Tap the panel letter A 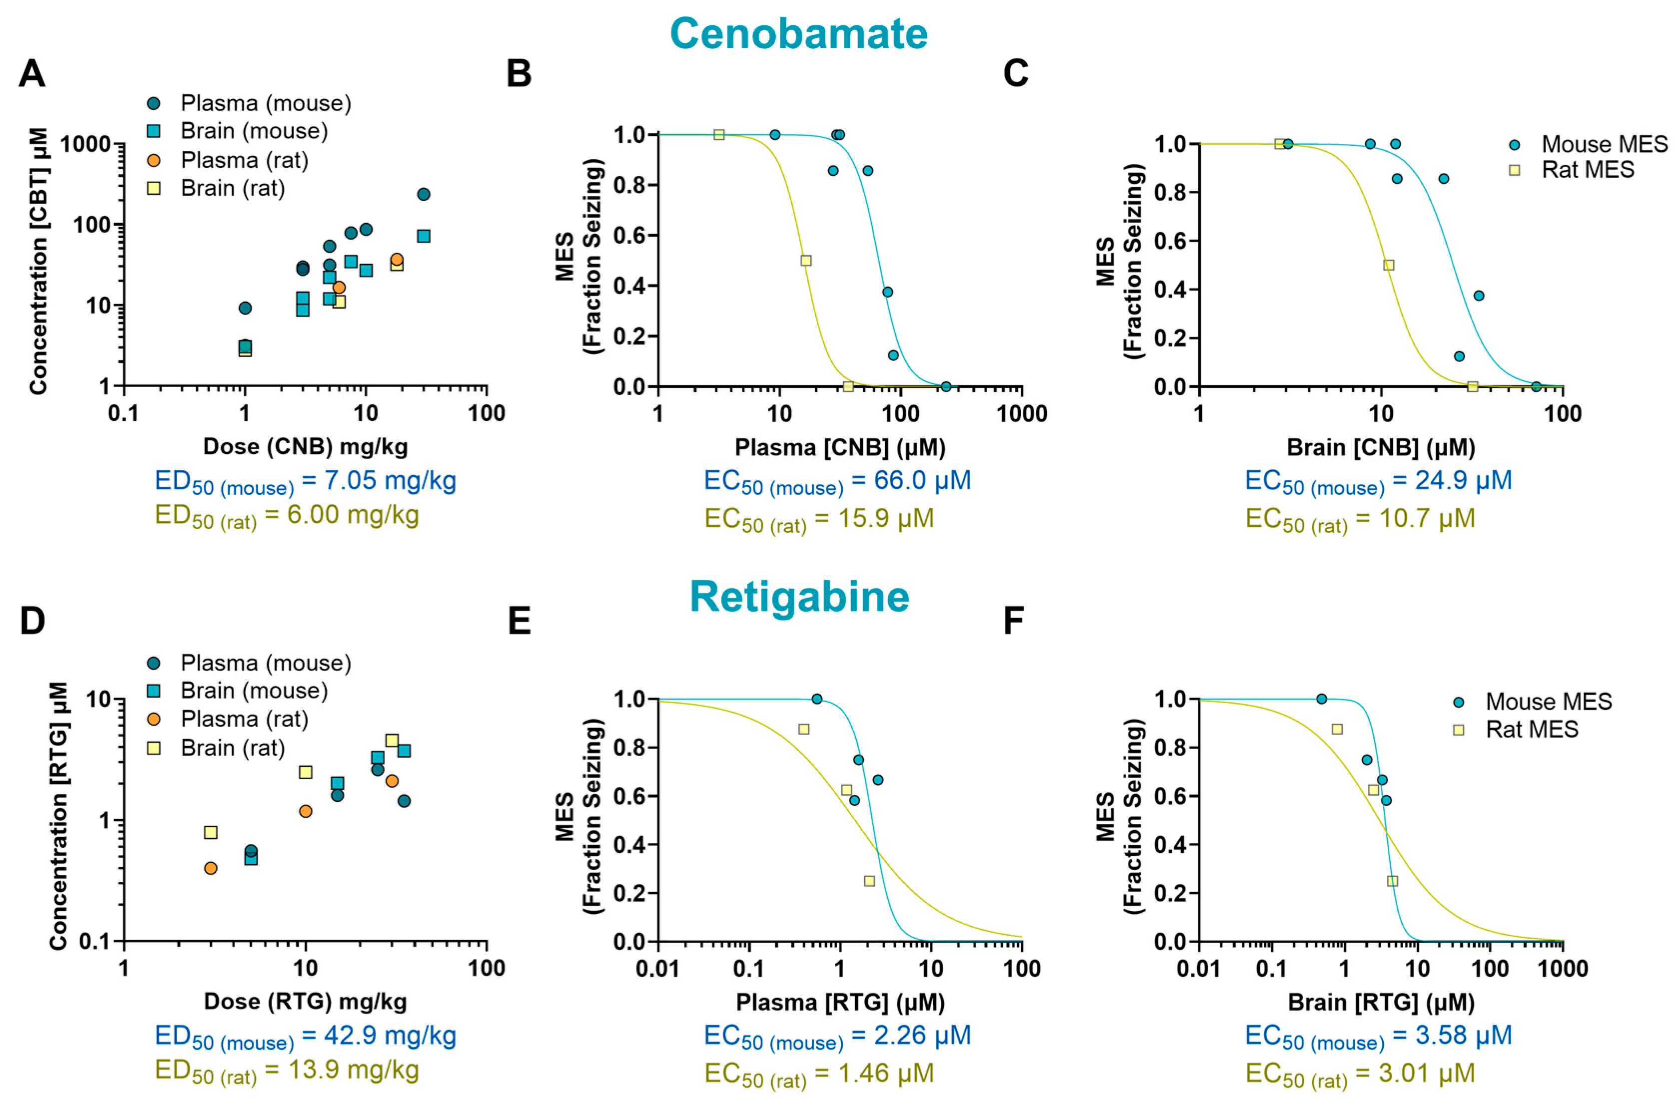[32, 73]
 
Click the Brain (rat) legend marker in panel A [153, 188]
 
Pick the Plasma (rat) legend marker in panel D [153, 719]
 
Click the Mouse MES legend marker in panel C [1514, 145]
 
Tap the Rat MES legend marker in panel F [1458, 730]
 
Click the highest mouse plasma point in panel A [424, 194]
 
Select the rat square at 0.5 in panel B [806, 261]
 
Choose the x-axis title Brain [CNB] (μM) [1381, 447]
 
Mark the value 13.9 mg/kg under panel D [353, 1070]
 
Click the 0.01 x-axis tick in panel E [658, 968]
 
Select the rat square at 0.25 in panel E [870, 881]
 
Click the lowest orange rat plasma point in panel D [210, 868]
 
